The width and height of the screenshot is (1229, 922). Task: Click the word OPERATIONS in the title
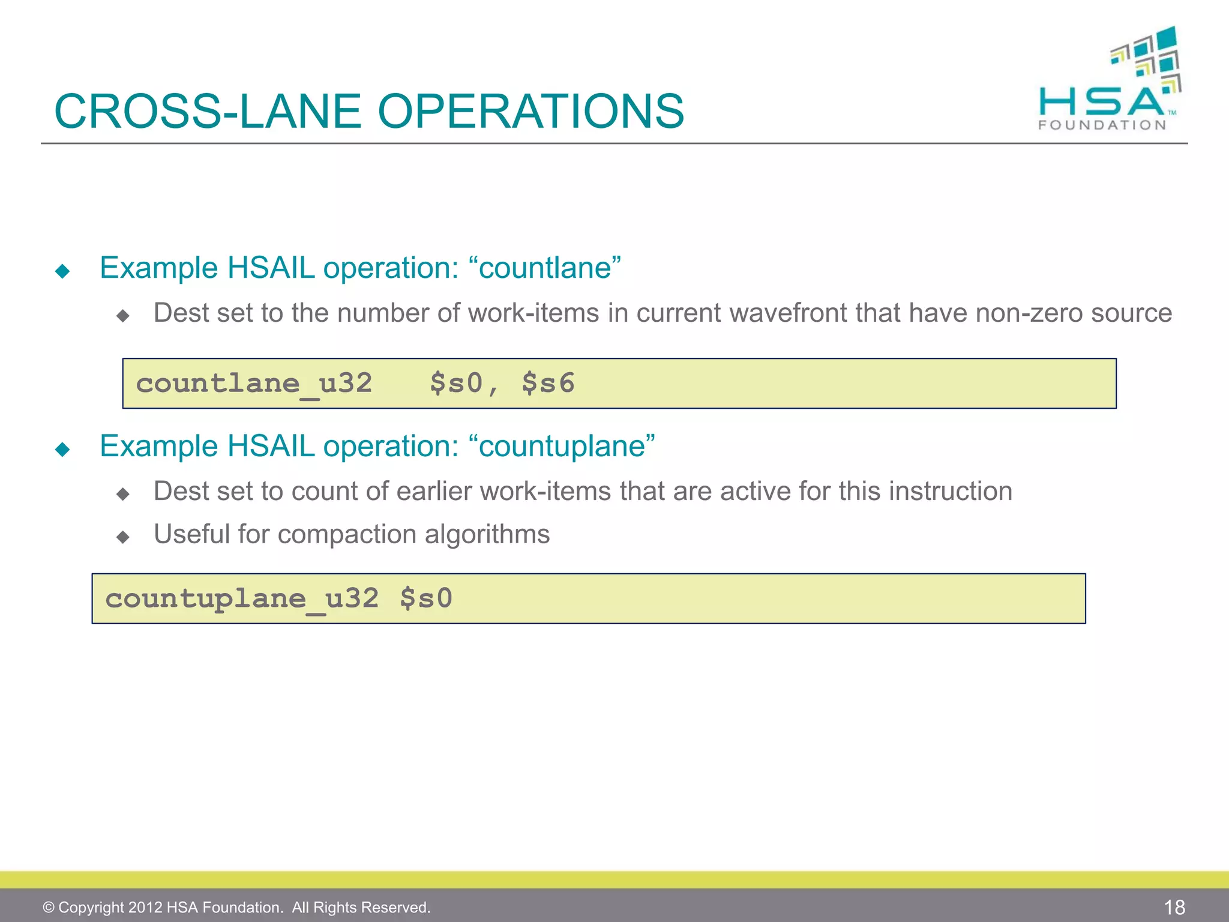coord(530,112)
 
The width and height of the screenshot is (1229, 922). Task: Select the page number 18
coord(1174,907)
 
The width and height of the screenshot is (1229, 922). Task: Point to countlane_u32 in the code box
coord(254,384)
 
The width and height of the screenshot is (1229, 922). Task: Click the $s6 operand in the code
coord(548,384)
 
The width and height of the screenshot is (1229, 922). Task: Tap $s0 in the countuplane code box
coord(426,598)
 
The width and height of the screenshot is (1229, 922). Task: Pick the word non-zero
coord(1029,313)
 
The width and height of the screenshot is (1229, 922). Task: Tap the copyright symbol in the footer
coord(49,908)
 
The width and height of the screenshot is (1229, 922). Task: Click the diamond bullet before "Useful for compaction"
coord(123,537)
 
